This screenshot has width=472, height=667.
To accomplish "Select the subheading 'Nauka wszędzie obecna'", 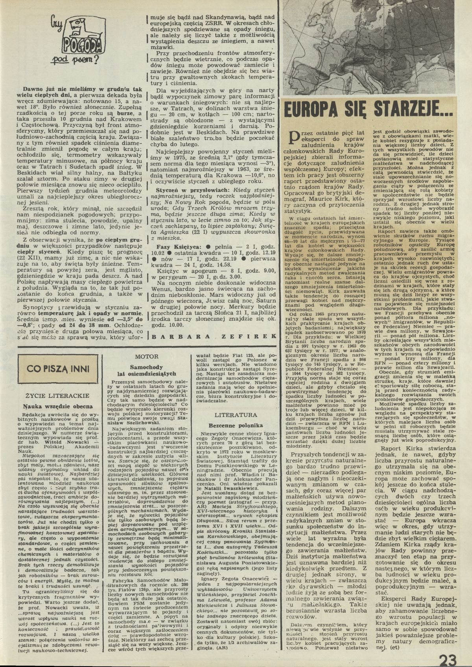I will point(58,406).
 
